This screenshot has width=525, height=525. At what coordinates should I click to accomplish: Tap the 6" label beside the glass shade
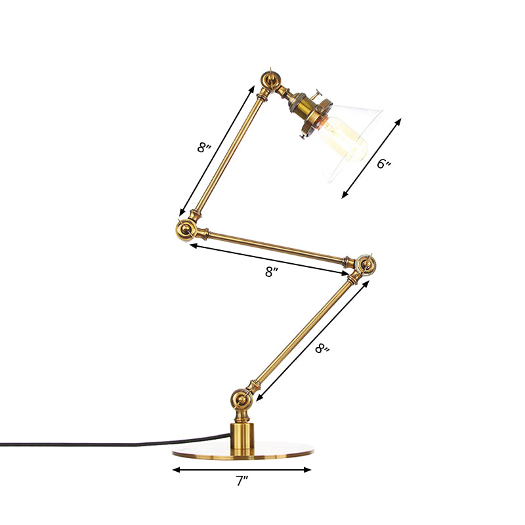(385, 164)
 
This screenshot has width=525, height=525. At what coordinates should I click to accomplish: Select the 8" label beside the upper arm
(204, 148)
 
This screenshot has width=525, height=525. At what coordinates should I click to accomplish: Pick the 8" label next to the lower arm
(322, 349)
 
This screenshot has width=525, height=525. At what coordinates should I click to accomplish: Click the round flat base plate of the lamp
(243, 455)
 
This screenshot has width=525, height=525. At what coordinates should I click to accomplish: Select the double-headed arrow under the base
(242, 470)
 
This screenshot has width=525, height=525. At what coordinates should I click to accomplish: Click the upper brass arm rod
(226, 155)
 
